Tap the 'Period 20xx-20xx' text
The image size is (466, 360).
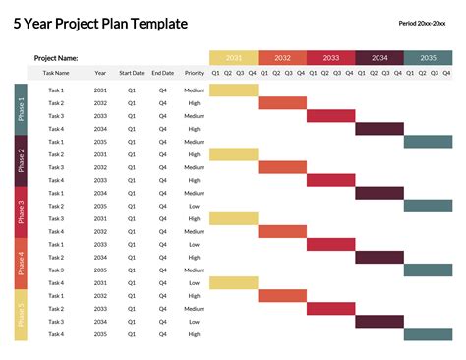point(423,23)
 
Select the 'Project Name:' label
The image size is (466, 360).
point(56,59)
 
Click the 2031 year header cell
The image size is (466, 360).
point(233,58)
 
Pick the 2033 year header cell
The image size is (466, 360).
point(330,58)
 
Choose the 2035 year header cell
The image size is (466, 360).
point(428,58)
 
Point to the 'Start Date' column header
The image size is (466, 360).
point(132,73)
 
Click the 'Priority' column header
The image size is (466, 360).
point(194,73)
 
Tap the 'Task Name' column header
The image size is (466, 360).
point(56,73)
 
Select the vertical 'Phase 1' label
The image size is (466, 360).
point(21,110)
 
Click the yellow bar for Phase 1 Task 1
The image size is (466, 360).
point(233,90)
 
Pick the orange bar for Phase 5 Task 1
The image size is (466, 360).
point(282,296)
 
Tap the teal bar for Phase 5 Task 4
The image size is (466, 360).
point(428,334)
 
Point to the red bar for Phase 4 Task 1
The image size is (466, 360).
point(330,245)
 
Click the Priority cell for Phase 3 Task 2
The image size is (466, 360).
point(194,207)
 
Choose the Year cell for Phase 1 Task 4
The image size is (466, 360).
point(101,129)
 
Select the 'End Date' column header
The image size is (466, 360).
point(163,73)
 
